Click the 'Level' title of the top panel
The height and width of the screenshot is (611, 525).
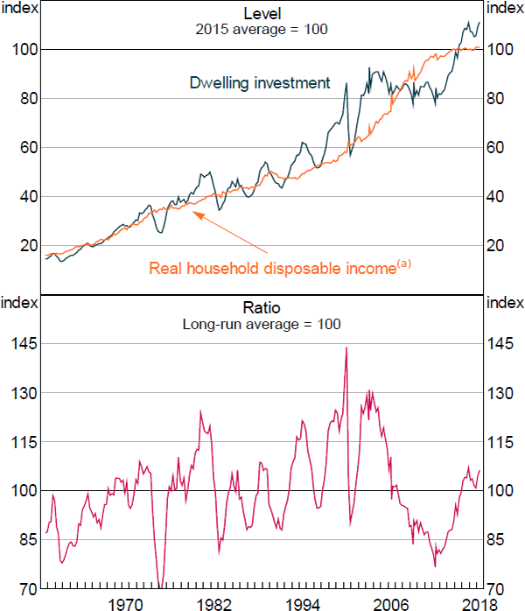coord(261,11)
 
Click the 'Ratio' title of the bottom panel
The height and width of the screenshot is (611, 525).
coord(261,307)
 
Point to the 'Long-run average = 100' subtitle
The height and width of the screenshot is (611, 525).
coord(261,324)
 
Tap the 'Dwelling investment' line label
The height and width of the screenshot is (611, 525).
coord(260,83)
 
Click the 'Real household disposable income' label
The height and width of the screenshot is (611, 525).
coord(273,268)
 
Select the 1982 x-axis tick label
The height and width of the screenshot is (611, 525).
coord(214,602)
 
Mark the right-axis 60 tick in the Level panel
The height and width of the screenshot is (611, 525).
coord(500,148)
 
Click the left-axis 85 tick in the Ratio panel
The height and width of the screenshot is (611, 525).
coord(24,539)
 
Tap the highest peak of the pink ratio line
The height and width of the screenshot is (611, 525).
coord(346,348)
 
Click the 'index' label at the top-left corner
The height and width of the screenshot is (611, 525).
coord(19,8)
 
